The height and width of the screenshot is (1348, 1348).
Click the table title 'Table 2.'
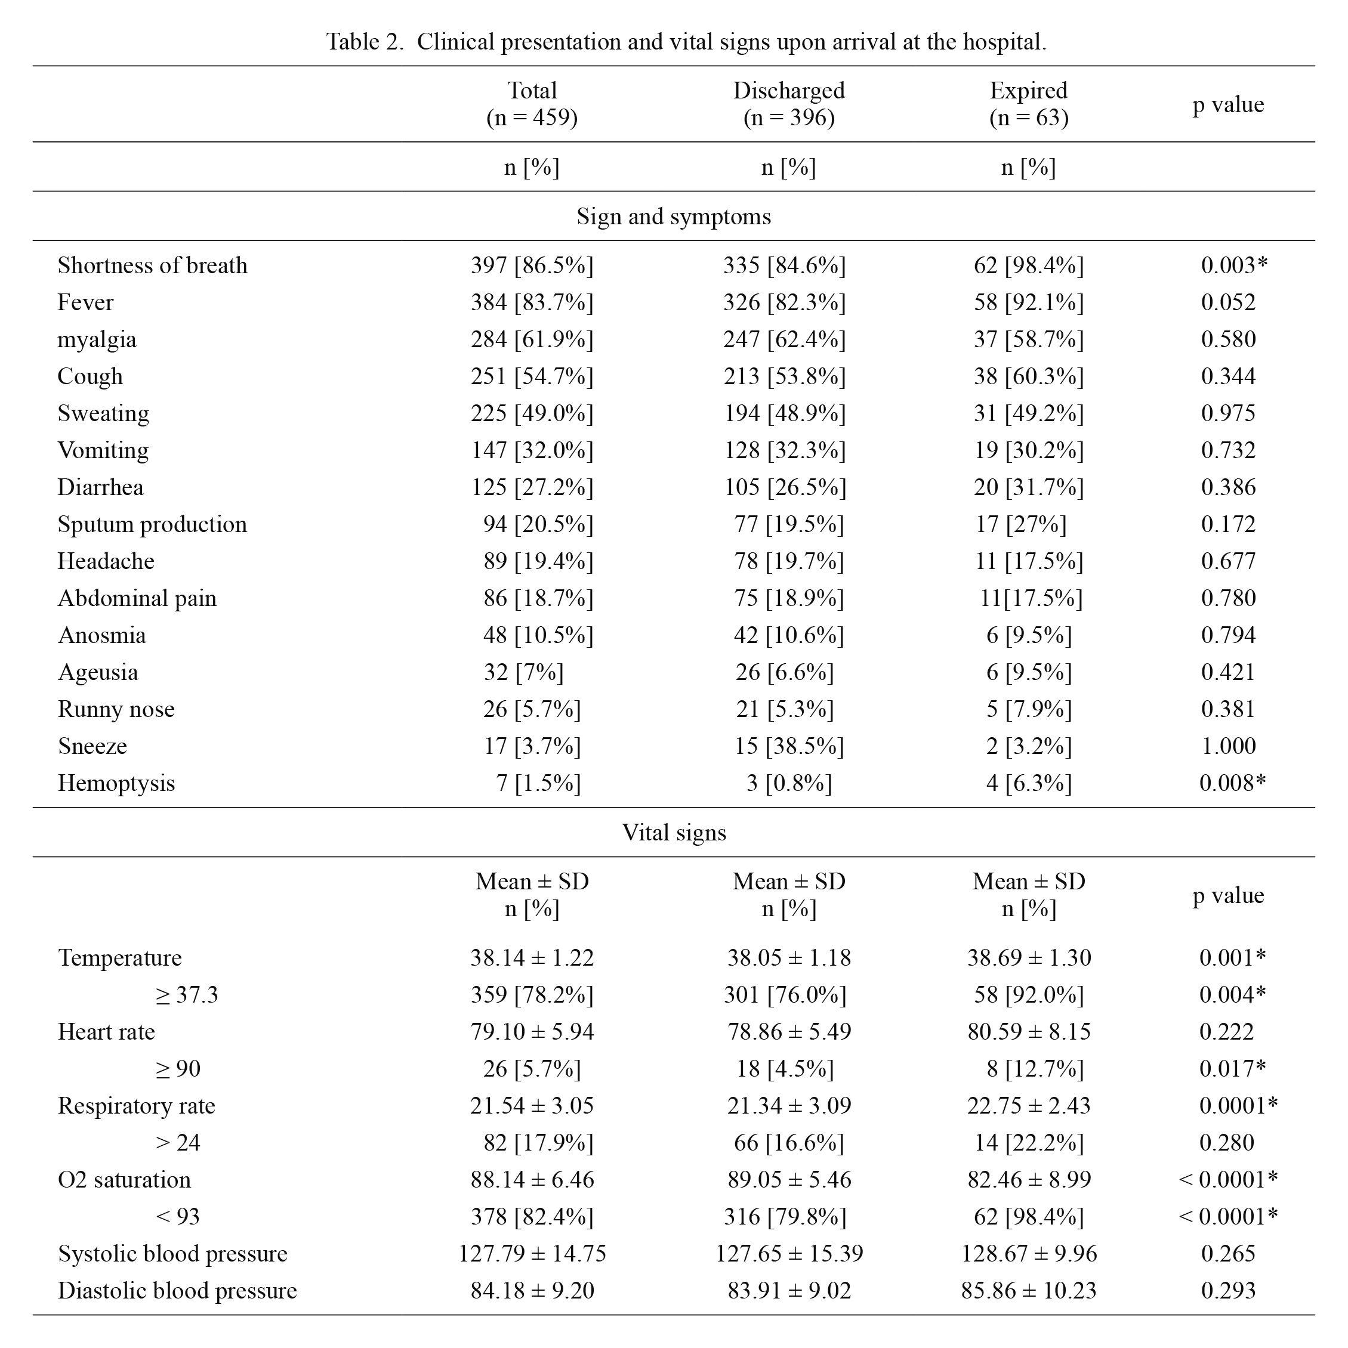365,42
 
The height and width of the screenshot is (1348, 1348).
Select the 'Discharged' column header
789,91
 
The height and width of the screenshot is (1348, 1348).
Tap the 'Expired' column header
1028,91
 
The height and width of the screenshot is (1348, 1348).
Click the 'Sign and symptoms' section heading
674,217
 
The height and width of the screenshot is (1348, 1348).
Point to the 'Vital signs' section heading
674,833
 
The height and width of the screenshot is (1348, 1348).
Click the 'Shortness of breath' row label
152,265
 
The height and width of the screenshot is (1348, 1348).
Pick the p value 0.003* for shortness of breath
1233,265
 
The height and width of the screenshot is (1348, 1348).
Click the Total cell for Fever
532,302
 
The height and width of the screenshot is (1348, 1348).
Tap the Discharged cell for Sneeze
789,746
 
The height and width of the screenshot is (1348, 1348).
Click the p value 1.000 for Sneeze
1228,746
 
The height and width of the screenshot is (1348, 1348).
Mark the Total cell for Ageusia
523,672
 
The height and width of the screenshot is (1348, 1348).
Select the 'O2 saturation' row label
124,1179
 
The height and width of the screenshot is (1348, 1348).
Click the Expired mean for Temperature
1029,957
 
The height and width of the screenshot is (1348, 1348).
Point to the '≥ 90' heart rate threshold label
178,1068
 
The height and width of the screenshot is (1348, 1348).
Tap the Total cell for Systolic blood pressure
532,1253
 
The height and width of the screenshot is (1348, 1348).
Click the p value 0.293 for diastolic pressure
1228,1290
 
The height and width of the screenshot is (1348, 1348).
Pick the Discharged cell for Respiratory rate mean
789,1105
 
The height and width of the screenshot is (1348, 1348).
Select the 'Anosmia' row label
102,635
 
